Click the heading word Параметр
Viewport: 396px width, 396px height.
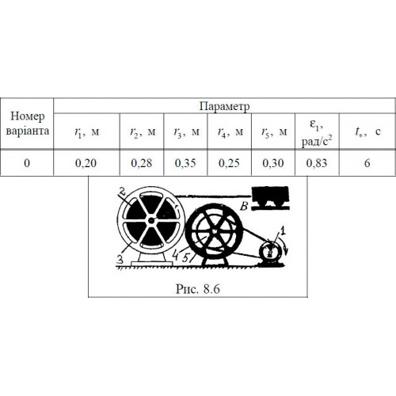point(224,106)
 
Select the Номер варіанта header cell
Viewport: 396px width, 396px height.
point(27,124)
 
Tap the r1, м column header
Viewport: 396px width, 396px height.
point(86,131)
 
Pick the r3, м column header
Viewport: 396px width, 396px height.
point(185,131)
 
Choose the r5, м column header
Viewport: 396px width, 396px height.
point(273,131)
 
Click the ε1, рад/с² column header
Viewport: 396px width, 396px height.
point(317,131)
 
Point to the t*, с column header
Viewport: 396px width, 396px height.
point(367,131)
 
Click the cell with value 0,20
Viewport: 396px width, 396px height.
point(86,163)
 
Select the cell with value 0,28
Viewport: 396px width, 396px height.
point(142,163)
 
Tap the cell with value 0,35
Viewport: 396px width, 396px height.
point(185,163)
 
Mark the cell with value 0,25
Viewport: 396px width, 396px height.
point(229,163)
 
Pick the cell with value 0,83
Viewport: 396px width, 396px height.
point(317,163)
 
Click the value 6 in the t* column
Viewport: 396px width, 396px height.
point(367,163)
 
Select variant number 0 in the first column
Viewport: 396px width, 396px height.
point(27,163)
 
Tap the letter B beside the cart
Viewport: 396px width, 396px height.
point(244,206)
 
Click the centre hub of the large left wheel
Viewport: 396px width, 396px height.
point(151,220)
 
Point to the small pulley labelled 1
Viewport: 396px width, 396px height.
point(270,253)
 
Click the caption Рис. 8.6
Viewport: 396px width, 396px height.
point(198,289)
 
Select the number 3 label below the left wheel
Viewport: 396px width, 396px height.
point(120,260)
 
